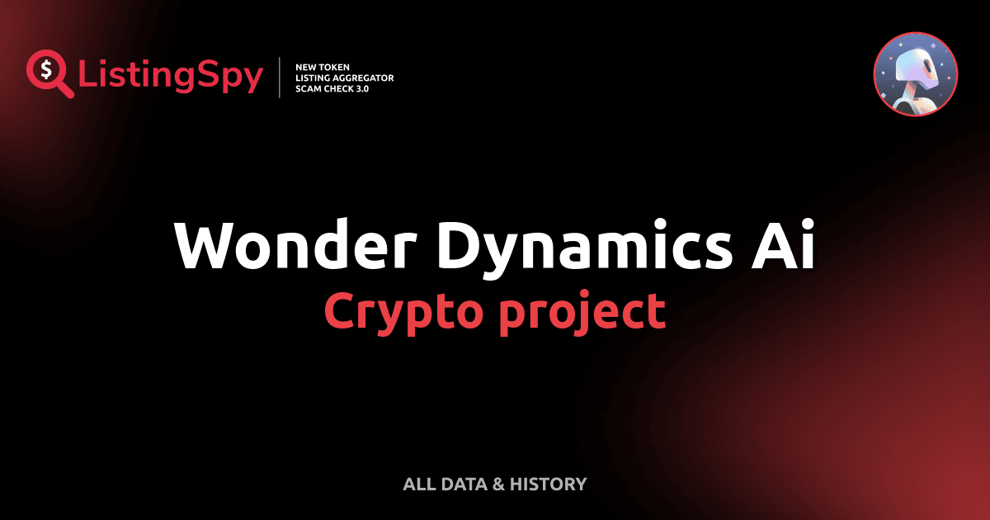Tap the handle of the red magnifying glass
pyautogui.click(x=65, y=88)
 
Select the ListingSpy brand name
pyautogui.click(x=171, y=77)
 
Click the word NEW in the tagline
pyautogui.click(x=307, y=66)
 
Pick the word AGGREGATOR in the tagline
pyautogui.click(x=362, y=77)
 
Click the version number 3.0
pyautogui.click(x=361, y=87)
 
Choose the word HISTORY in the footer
pyautogui.click(x=549, y=484)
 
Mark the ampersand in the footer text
pyautogui.click(x=497, y=484)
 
